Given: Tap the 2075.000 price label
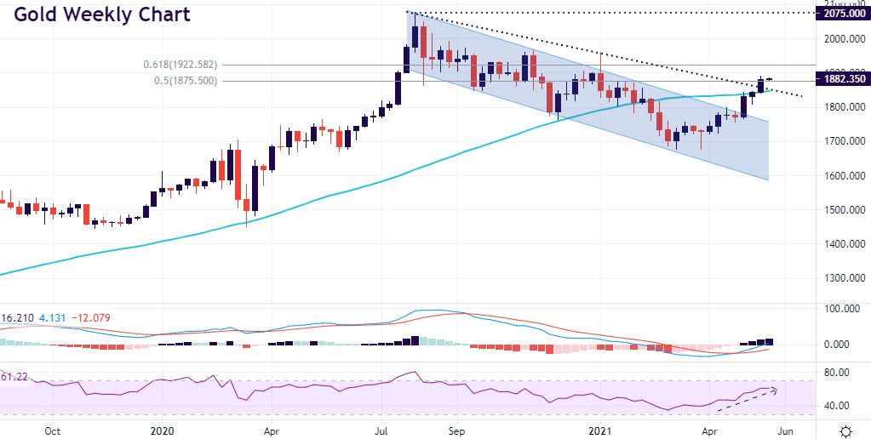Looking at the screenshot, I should (x=842, y=14).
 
